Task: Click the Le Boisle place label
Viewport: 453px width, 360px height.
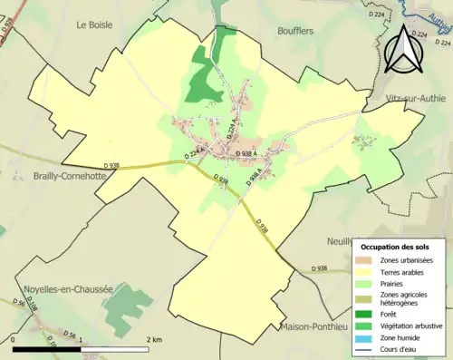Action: pyautogui.click(x=94, y=25)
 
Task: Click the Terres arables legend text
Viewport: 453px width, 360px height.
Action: pyautogui.click(x=405, y=273)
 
